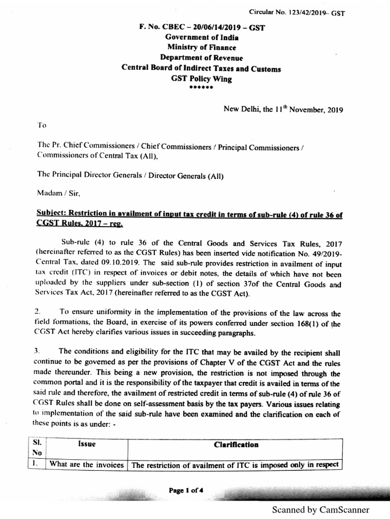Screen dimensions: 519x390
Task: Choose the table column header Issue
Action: coord(86,445)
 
